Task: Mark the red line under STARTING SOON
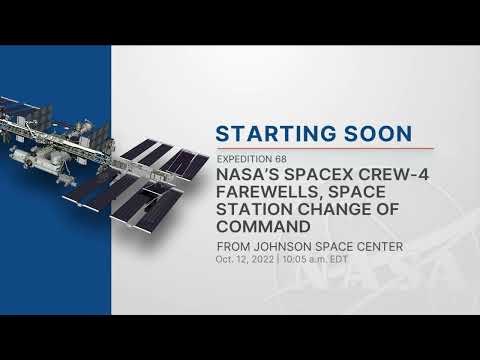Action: (x=312, y=148)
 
